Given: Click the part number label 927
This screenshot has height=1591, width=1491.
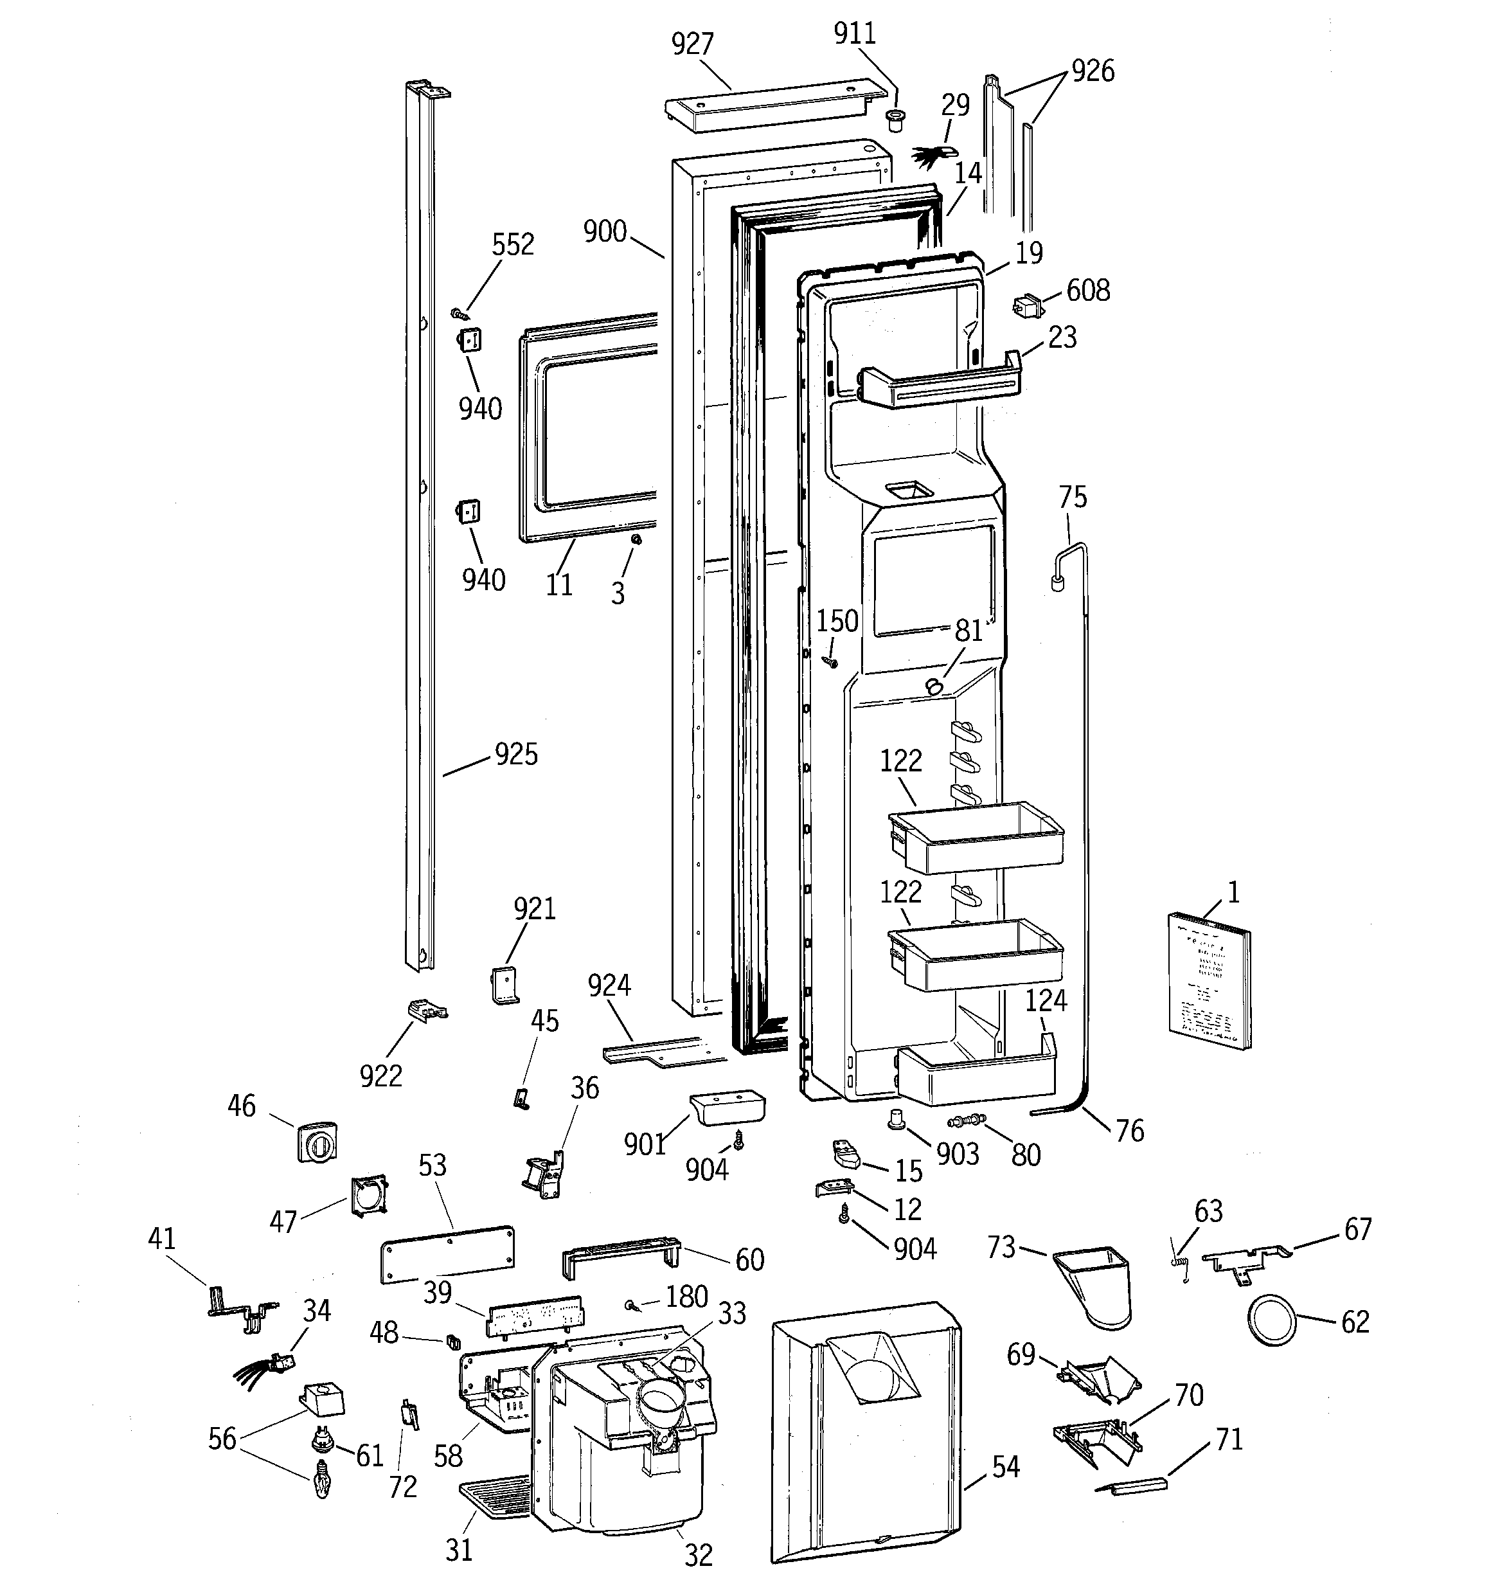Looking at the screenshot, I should coord(692,44).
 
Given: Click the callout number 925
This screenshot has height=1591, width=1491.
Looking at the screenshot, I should coord(516,754).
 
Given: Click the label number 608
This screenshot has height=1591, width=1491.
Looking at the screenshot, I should coord(1087,291).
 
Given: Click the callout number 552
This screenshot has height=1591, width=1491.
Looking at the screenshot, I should coord(512,245).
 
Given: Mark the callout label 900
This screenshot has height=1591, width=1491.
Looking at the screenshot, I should coord(605,232).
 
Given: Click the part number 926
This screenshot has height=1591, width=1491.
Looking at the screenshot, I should coord(1093,71).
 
